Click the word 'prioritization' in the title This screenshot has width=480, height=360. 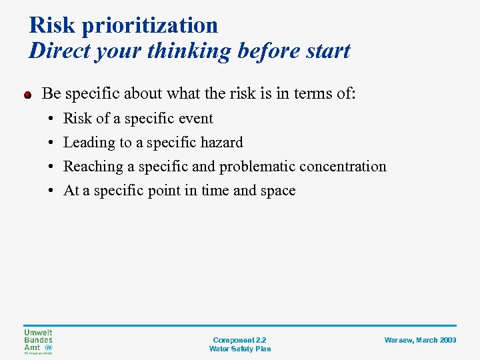tap(150, 25)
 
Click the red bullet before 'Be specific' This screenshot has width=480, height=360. tap(28, 95)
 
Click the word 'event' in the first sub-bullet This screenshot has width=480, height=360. tap(195, 119)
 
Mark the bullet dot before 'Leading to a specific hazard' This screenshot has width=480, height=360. tap(51, 143)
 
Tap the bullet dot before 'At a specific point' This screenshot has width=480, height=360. tap(51, 191)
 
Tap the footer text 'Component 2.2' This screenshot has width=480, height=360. tap(239, 340)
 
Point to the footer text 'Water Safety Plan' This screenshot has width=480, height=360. tap(239, 349)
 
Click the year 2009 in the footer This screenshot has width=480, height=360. tap(448, 340)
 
